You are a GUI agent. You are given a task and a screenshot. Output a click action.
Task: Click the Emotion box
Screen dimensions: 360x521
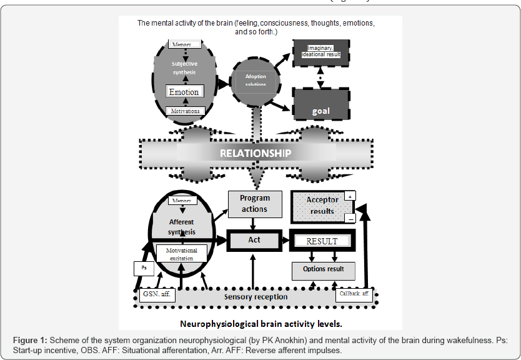tap(184, 92)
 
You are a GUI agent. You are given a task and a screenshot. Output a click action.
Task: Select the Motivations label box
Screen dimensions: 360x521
tap(184, 111)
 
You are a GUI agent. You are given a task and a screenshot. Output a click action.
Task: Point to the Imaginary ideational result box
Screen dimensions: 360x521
tap(320, 52)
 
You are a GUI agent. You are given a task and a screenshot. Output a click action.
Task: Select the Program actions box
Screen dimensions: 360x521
tap(254, 204)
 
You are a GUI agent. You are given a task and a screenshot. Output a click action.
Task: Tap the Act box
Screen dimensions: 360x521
tap(254, 240)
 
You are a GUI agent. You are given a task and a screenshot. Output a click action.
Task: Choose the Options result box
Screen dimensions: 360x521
tap(323, 270)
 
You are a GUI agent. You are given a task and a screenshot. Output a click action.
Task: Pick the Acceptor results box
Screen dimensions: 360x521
tap(322, 206)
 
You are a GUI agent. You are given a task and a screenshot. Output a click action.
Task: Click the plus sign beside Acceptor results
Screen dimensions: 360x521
tap(350, 196)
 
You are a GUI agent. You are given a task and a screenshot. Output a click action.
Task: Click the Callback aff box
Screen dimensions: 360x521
tap(353, 293)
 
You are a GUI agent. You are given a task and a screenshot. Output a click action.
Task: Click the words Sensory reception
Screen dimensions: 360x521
tap(256, 296)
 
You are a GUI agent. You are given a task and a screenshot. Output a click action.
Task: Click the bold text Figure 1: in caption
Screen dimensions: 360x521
tap(30, 339)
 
